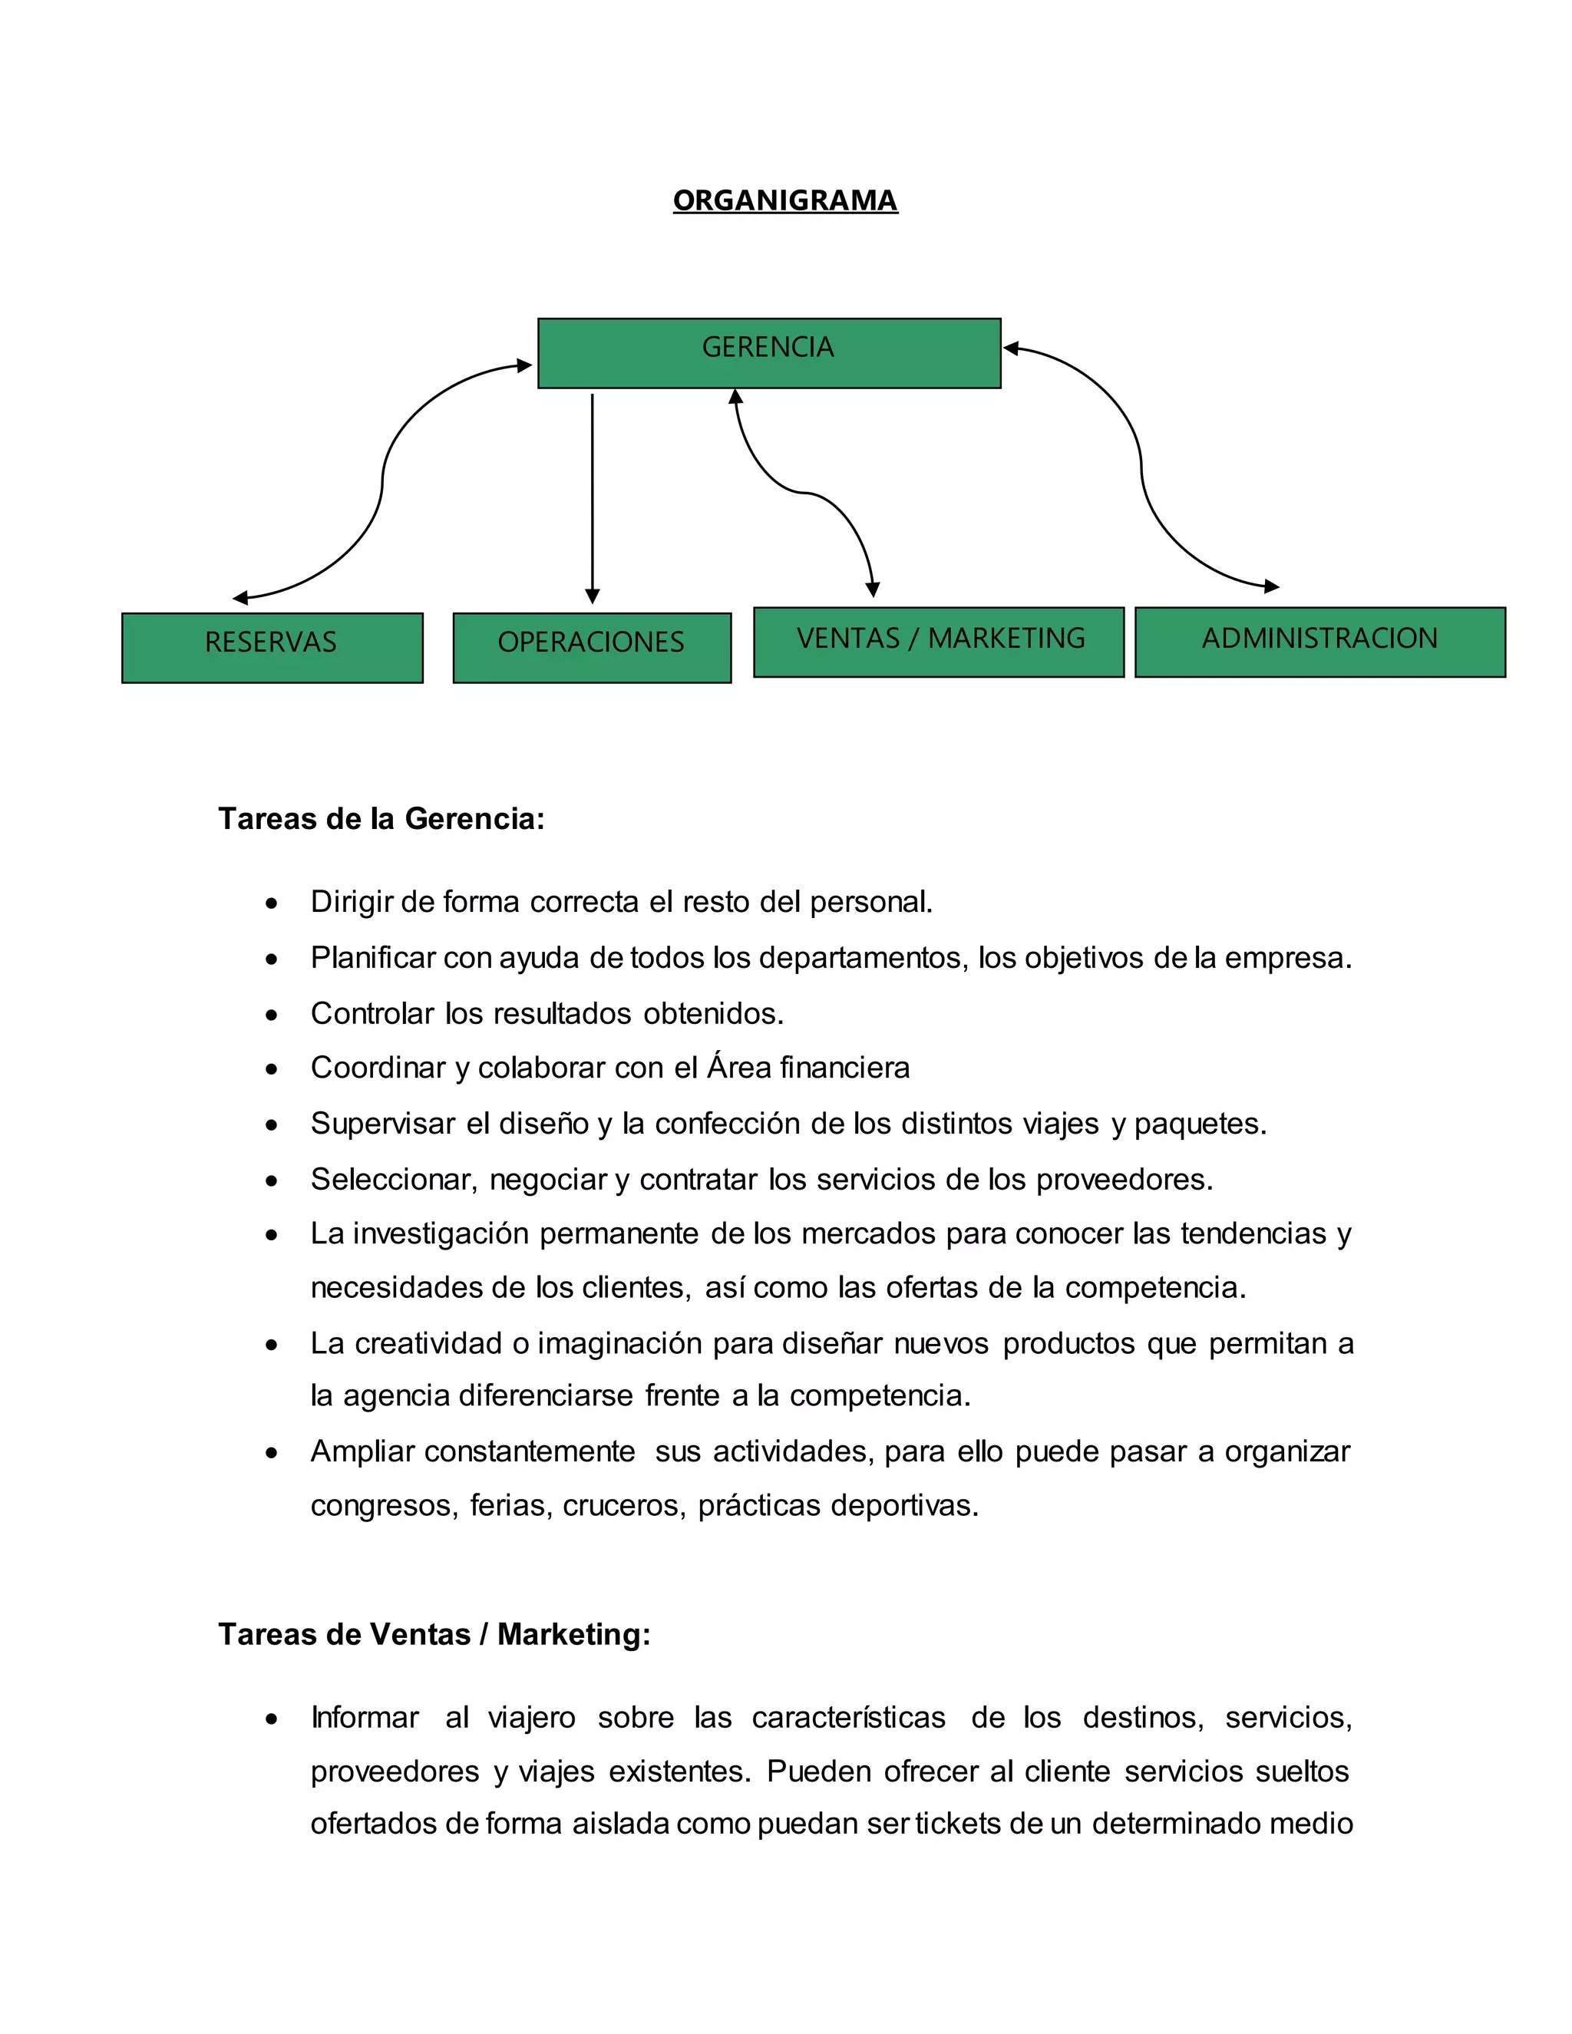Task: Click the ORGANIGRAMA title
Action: [785, 200]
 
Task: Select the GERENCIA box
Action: [768, 352]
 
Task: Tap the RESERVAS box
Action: [271, 647]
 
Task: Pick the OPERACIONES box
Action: [591, 647]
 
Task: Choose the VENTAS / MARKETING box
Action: [939, 642]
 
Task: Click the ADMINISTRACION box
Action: [1319, 642]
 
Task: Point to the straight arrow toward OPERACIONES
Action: [593, 494]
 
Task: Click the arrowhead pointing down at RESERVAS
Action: [240, 598]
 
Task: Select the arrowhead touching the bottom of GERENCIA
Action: [735, 397]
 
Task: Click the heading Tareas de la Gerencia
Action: [381, 819]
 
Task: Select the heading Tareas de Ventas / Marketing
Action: [434, 1633]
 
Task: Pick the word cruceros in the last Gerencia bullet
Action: [622, 1505]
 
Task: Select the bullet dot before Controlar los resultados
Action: [271, 1014]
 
